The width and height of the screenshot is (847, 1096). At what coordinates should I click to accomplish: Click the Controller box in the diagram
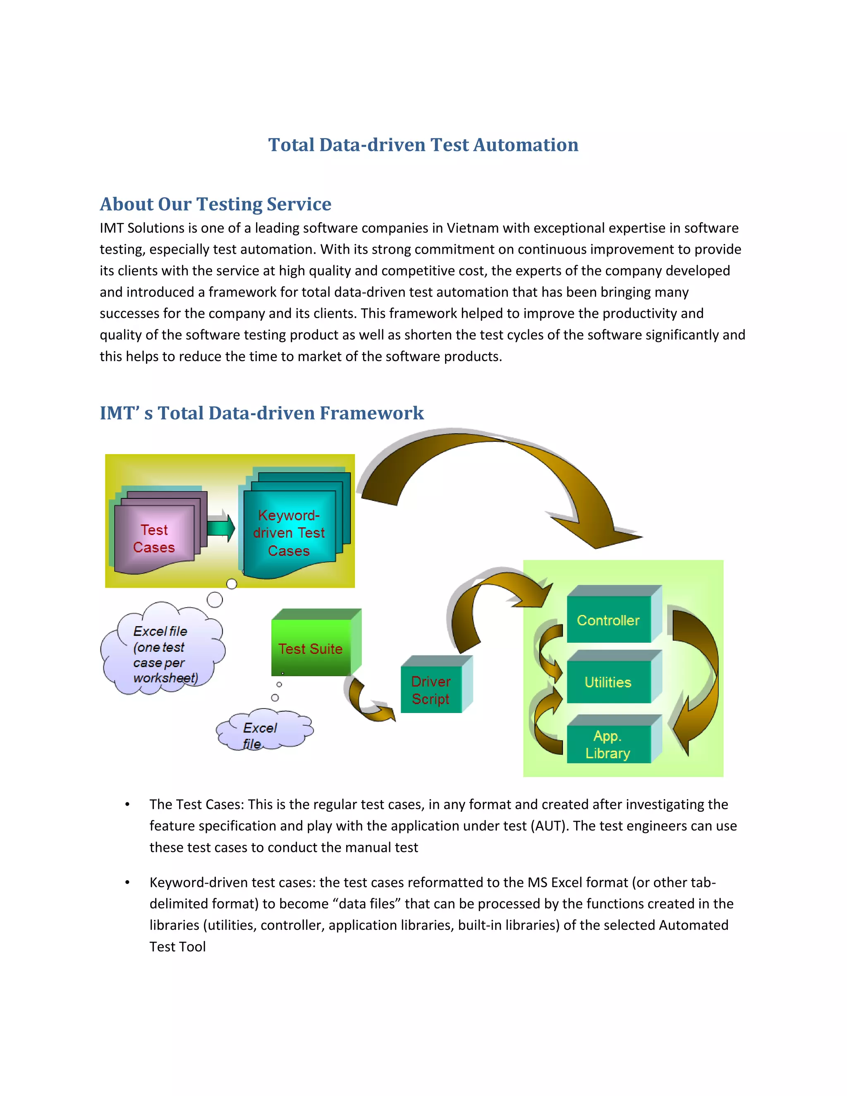coord(608,620)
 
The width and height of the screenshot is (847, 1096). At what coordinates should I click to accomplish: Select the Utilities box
coord(608,682)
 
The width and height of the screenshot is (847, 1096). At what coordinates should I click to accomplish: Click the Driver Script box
coord(431,689)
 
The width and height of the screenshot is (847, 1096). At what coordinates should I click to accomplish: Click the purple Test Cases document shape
coord(154,538)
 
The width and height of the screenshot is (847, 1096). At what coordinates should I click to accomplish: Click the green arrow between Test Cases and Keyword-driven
coord(221,528)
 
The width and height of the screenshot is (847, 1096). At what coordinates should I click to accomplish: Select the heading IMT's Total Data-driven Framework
coord(261,413)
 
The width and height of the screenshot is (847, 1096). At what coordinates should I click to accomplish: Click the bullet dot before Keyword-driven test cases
coord(127,883)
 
